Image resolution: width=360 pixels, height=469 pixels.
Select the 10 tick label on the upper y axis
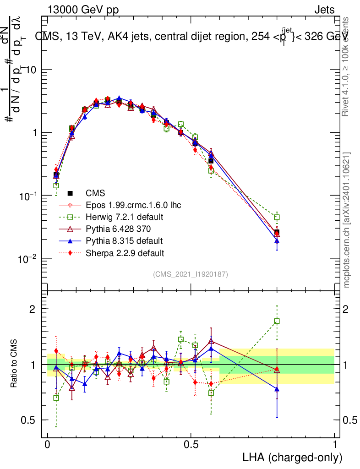[x=32, y=70]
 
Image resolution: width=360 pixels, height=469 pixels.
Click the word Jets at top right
[x=324, y=10]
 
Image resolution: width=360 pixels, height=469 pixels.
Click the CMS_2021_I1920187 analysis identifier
[x=190, y=274]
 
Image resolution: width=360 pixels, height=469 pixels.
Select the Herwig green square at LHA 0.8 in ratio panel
[x=277, y=321]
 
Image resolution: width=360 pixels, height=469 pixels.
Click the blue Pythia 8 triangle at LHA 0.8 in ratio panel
[x=277, y=389]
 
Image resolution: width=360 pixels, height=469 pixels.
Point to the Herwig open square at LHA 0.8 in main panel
[x=277, y=217]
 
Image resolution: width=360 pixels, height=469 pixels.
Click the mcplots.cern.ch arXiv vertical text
[x=347, y=220]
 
